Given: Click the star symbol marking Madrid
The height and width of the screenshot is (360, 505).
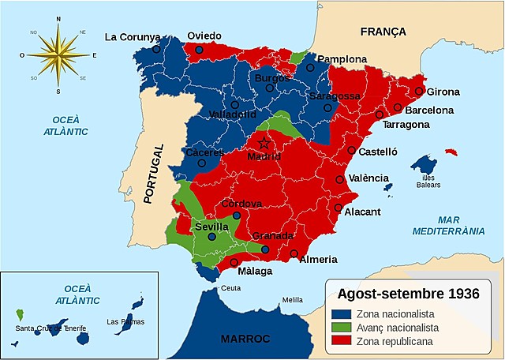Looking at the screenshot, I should pyautogui.click(x=264, y=144).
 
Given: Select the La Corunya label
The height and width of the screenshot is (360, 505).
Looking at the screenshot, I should pyautogui.click(x=133, y=36).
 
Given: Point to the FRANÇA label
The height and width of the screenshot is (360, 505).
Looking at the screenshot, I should pyautogui.click(x=383, y=32).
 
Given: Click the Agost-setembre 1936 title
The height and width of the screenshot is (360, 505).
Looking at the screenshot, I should pyautogui.click(x=408, y=294).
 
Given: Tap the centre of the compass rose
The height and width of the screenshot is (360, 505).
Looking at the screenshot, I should pyautogui.click(x=58, y=54).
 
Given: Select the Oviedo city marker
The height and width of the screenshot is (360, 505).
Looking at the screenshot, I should pyautogui.click(x=199, y=50).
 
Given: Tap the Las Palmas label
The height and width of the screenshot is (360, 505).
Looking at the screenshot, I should pyautogui.click(x=125, y=321).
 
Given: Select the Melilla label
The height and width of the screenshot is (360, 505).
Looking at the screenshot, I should pyautogui.click(x=292, y=300).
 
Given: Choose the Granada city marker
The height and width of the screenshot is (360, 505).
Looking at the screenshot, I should pyautogui.click(x=265, y=249).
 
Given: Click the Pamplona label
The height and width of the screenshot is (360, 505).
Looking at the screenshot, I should pyautogui.click(x=342, y=59).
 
